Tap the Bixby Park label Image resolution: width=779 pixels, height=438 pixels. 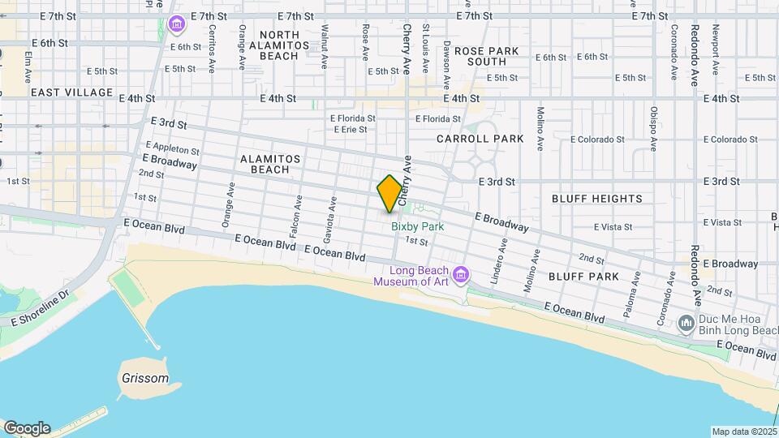tap(418, 227)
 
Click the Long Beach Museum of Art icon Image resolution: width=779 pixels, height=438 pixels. tap(461, 276)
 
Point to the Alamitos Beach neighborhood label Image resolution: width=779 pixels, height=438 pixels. tap(270, 164)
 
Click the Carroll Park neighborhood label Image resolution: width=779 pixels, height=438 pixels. tap(480, 139)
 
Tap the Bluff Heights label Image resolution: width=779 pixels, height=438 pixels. tap(596, 198)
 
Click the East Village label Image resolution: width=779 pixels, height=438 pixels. tap(71, 92)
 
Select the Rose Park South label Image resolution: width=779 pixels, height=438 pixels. tap(486, 56)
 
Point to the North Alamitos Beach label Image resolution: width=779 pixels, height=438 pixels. tap(279, 45)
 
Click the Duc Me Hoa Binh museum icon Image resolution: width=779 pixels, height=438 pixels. tap(686, 323)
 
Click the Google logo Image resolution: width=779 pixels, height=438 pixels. tap(27, 427)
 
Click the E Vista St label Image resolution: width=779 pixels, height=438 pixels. tap(616, 227)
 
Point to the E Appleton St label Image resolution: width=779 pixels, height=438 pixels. tap(171, 149)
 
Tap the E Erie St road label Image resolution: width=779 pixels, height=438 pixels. tap(350, 130)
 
